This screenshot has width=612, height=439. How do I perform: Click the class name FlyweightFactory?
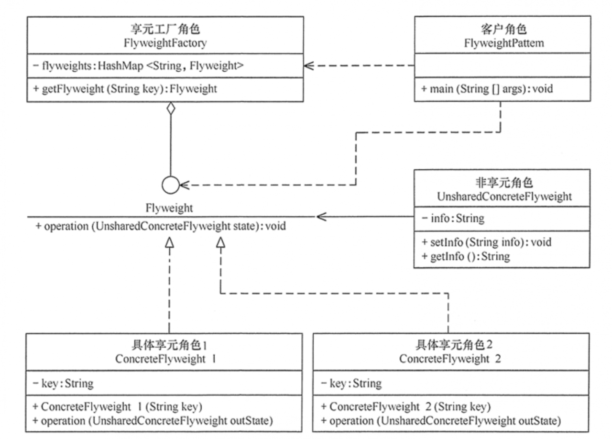click(x=165, y=43)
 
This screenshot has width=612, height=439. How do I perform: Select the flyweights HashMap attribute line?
click(x=138, y=66)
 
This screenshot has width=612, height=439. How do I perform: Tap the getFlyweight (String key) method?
click(x=125, y=89)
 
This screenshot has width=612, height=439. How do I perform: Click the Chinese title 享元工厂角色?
click(x=165, y=29)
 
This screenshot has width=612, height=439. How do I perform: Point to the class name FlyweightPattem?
click(x=504, y=43)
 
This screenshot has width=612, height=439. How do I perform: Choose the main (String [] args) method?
click(x=487, y=89)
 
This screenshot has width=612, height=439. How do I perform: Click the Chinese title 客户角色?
click(x=504, y=29)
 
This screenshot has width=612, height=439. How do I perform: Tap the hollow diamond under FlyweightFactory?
click(x=171, y=108)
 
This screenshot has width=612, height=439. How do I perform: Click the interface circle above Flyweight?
click(x=171, y=185)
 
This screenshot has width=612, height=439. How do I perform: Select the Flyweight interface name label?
click(x=169, y=208)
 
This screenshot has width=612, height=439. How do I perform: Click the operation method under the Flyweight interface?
click(x=161, y=226)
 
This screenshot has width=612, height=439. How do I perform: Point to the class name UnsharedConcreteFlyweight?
click(x=504, y=197)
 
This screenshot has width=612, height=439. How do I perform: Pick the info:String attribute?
click(x=453, y=219)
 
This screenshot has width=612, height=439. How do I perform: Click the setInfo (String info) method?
click(x=487, y=242)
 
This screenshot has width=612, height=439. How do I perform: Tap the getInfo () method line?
click(x=466, y=256)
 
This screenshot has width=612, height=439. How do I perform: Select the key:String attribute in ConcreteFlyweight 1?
click(x=63, y=384)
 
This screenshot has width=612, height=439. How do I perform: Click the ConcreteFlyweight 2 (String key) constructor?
click(x=406, y=407)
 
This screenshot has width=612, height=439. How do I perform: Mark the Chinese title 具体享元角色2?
click(x=454, y=345)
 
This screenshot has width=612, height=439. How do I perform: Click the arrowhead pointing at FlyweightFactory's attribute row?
click(x=309, y=66)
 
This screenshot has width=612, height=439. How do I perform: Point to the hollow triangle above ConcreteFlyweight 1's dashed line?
click(x=169, y=242)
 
